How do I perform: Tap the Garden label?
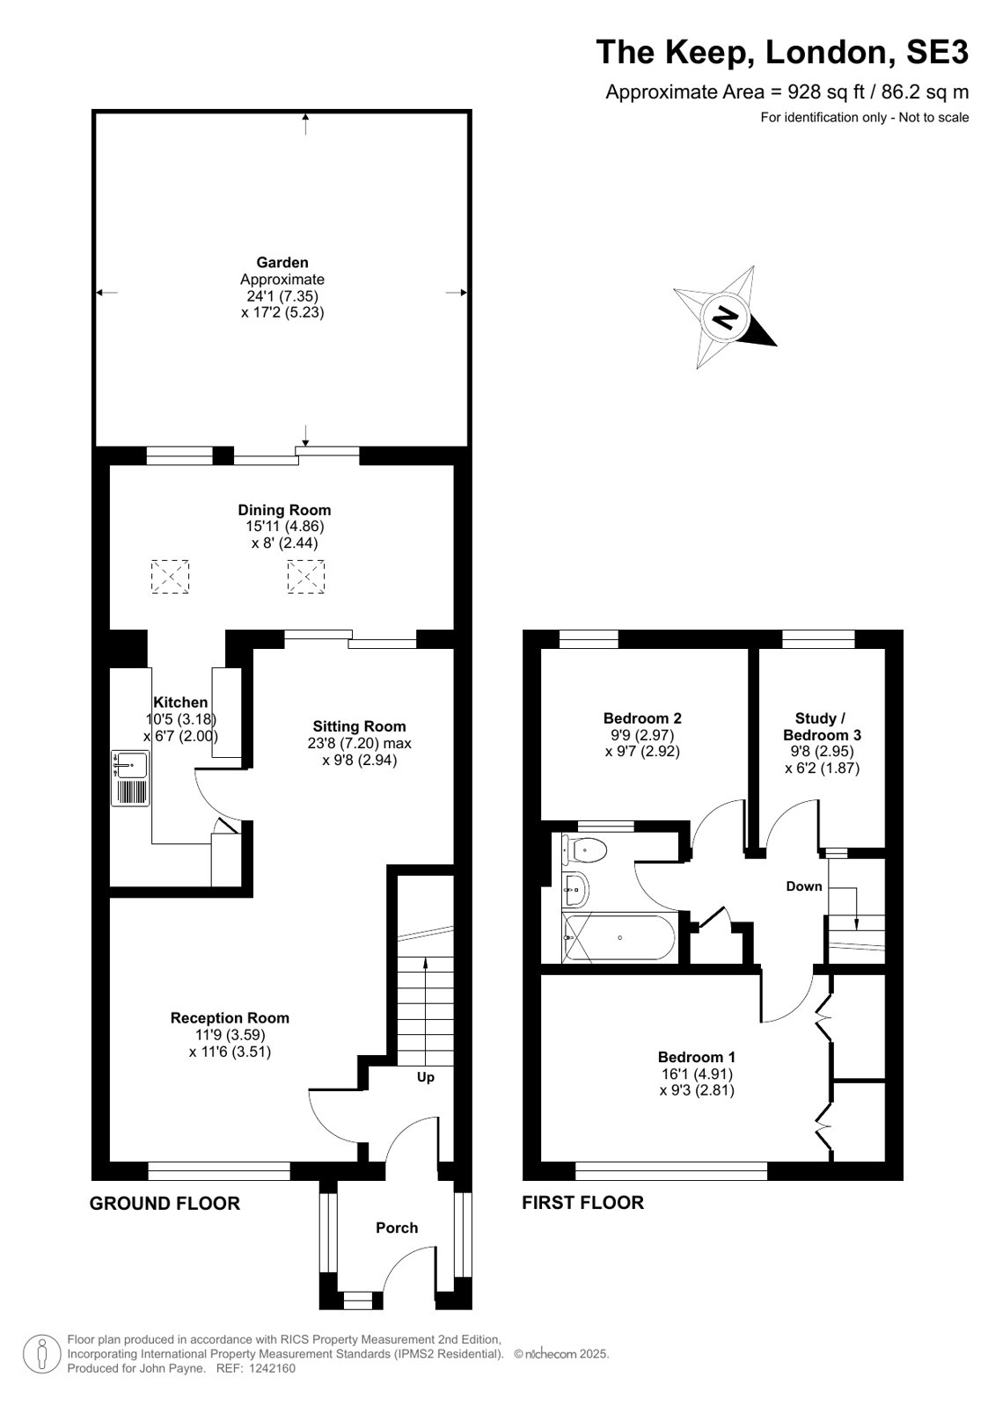(x=282, y=262)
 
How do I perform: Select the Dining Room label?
(x=284, y=510)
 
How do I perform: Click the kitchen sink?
(x=130, y=778)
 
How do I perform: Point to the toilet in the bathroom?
(x=584, y=850)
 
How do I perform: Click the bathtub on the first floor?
(x=618, y=937)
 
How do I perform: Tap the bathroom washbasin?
(x=576, y=889)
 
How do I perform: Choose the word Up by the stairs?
(x=425, y=1077)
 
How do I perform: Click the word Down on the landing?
(x=804, y=886)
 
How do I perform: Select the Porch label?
(x=397, y=1228)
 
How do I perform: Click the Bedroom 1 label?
(x=697, y=1057)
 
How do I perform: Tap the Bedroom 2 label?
(x=642, y=718)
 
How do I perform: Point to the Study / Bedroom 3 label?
(x=822, y=726)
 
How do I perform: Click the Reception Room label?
(x=230, y=1018)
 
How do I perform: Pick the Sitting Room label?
(x=359, y=726)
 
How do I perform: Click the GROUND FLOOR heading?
(x=165, y=1203)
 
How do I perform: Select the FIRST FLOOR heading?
(x=583, y=1203)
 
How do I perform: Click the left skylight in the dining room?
(x=170, y=576)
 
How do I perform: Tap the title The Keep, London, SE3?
(x=782, y=52)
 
